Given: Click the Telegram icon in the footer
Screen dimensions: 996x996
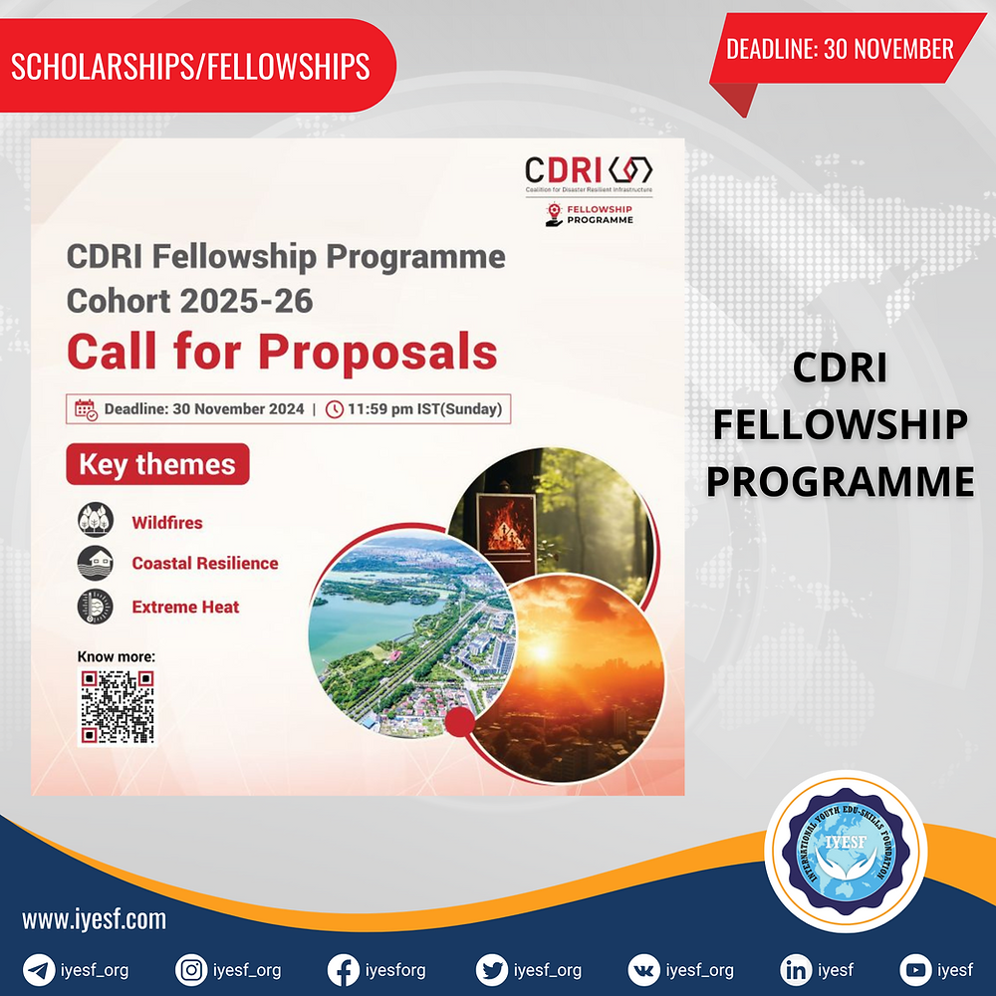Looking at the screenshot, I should tap(40, 969).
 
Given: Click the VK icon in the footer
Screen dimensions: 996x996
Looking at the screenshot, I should tap(644, 969).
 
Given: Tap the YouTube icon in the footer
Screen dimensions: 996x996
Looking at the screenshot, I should tap(915, 969).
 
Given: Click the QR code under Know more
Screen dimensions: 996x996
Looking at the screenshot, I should tap(118, 707).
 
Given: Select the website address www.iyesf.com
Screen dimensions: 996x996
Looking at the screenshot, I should tap(95, 919).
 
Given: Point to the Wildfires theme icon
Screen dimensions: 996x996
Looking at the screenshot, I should tap(97, 521).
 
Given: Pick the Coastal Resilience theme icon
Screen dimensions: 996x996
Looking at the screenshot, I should tap(97, 563).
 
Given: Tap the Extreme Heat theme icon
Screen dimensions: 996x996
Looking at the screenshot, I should tap(97, 606).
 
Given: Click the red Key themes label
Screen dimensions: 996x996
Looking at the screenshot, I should tap(157, 465).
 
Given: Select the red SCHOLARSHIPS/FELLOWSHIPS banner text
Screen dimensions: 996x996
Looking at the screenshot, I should tap(190, 66).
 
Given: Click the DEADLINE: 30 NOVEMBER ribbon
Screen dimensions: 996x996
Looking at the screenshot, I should tap(840, 49).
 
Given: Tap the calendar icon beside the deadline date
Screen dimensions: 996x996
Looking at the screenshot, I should tap(87, 408).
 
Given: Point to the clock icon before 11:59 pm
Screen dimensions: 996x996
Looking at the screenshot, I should tap(335, 408).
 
